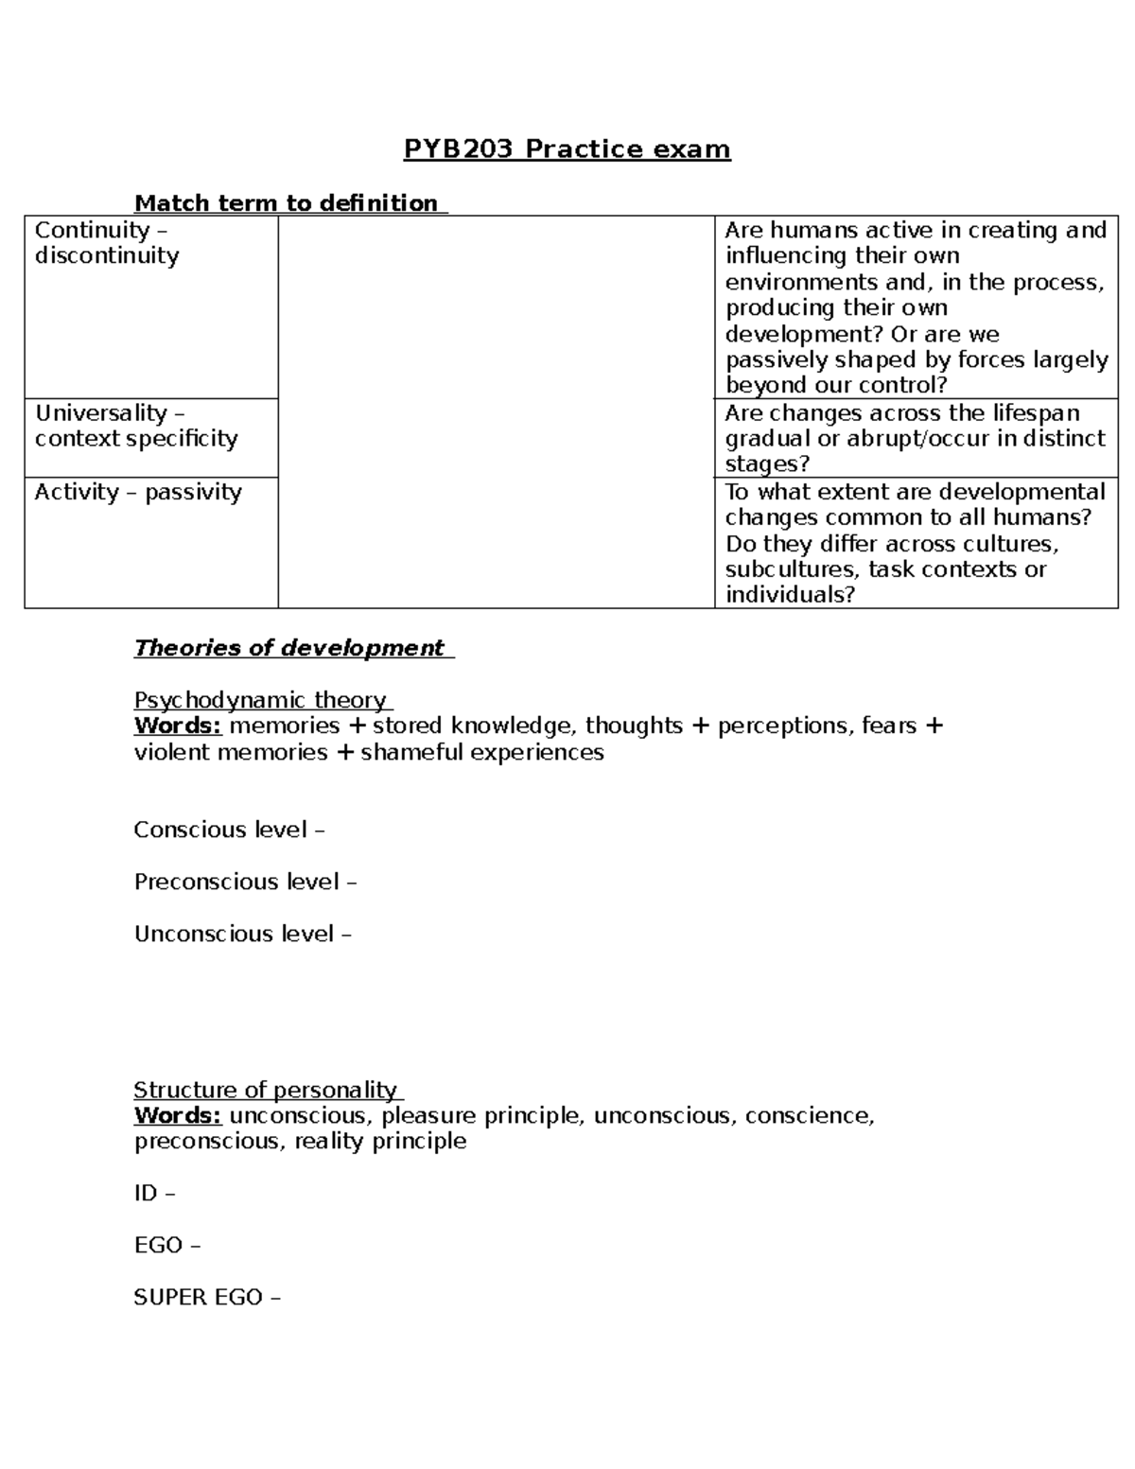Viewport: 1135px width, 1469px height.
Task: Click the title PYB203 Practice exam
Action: (x=567, y=149)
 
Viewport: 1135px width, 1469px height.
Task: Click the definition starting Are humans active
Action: (x=915, y=307)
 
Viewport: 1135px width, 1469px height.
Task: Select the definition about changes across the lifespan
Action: (x=915, y=438)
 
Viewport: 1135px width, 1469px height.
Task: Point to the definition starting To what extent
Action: (x=915, y=543)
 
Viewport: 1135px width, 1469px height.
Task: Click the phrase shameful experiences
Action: (x=481, y=752)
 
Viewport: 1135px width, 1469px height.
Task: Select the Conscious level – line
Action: (x=229, y=830)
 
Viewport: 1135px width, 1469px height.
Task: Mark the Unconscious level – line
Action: (x=242, y=934)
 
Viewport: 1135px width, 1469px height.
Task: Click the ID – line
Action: (x=155, y=1193)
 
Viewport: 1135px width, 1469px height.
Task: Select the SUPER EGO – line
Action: (x=207, y=1297)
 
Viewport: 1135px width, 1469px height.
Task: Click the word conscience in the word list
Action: (x=808, y=1115)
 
